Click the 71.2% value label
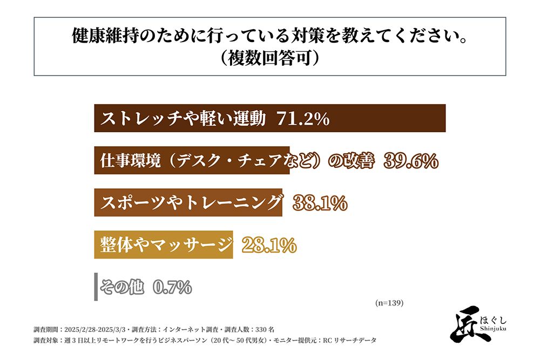(302, 119)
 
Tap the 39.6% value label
(410, 161)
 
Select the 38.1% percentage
(320, 203)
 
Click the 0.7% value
(172, 288)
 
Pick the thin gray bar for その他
(96, 287)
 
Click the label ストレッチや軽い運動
(184, 119)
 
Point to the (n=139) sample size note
(389, 303)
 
